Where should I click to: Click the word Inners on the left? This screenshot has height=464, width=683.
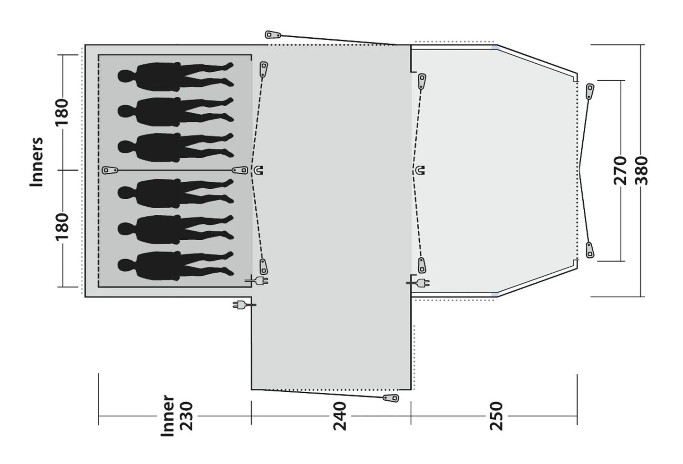pos(37,162)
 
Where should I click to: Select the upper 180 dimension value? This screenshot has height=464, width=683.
pos(62,112)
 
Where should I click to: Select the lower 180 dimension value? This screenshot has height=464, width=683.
pos(62,227)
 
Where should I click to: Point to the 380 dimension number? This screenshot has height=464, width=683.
pos(641,170)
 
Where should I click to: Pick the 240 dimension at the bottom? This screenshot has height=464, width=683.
pos(339,416)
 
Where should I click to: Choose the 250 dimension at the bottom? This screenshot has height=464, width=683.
pos(496,416)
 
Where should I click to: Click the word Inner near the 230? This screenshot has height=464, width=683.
pos(168,416)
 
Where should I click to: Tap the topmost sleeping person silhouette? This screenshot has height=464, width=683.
pos(175,74)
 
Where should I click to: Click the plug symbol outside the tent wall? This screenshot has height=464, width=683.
pos(243,305)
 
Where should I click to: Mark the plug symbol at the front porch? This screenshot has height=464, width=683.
pos(419,283)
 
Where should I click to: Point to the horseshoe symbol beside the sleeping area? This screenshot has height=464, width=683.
pos(258,170)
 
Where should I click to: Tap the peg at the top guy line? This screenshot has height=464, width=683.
pos(273,34)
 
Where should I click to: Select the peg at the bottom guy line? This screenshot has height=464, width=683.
pos(391,398)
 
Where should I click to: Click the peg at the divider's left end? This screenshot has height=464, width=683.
pos(110,169)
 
